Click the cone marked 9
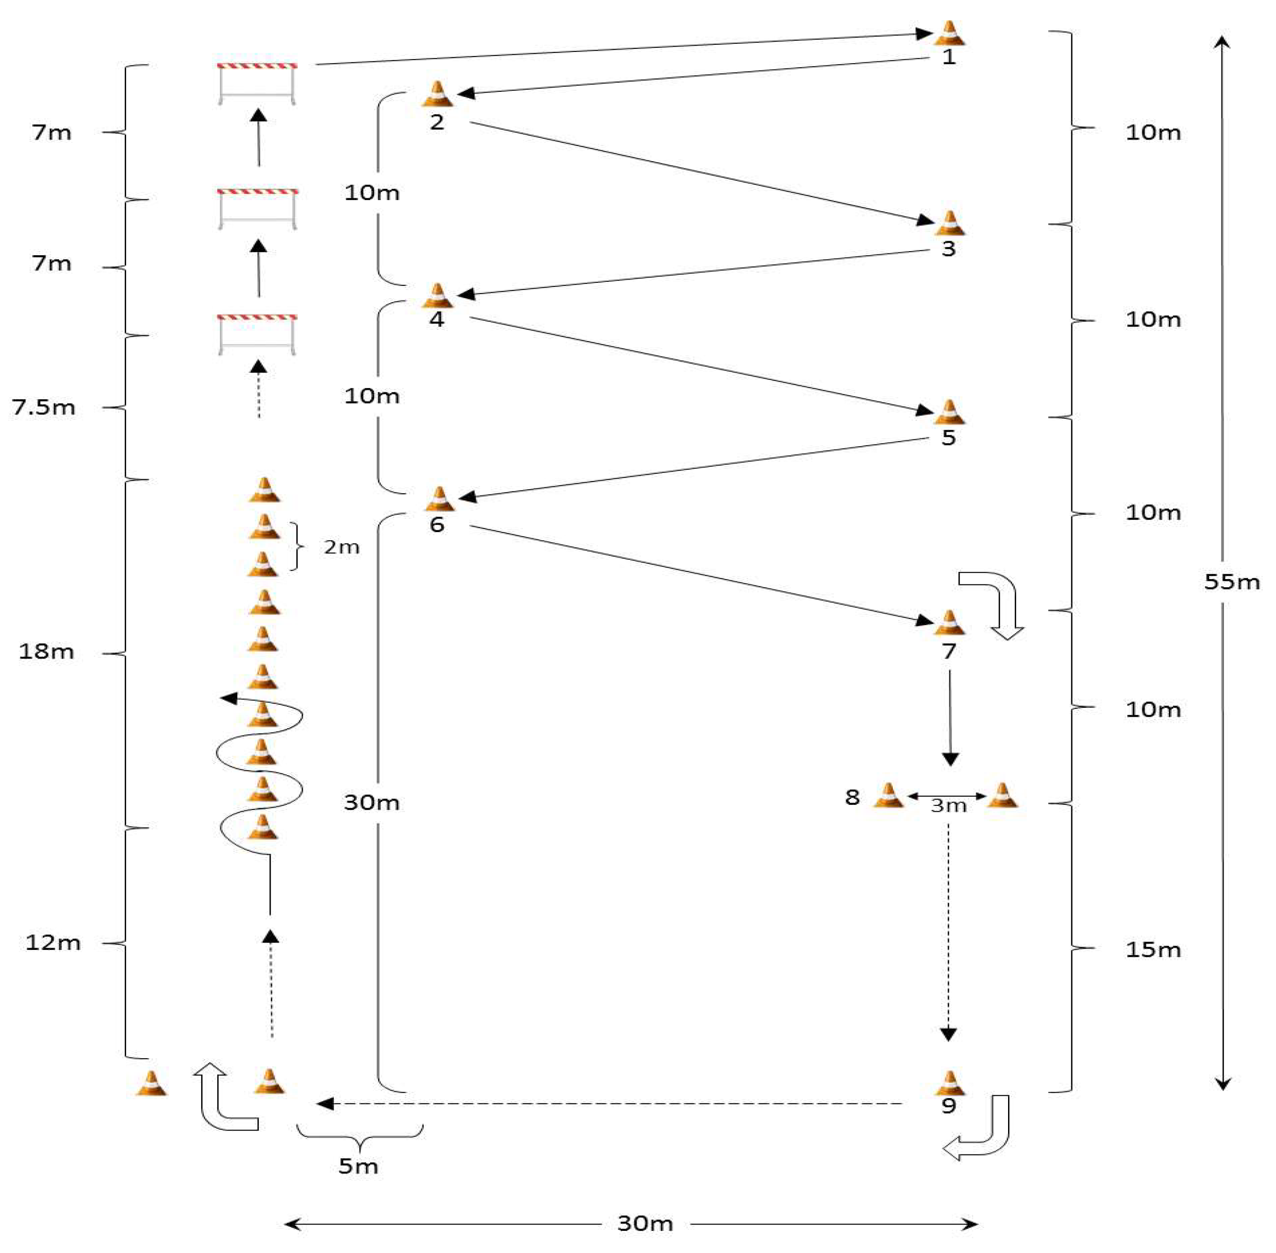(x=949, y=1083)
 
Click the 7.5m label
(x=43, y=407)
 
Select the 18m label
(x=46, y=651)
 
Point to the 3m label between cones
(x=948, y=805)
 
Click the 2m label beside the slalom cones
(x=341, y=547)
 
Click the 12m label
(x=53, y=942)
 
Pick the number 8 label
(x=852, y=797)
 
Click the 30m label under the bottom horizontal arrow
(x=645, y=1223)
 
